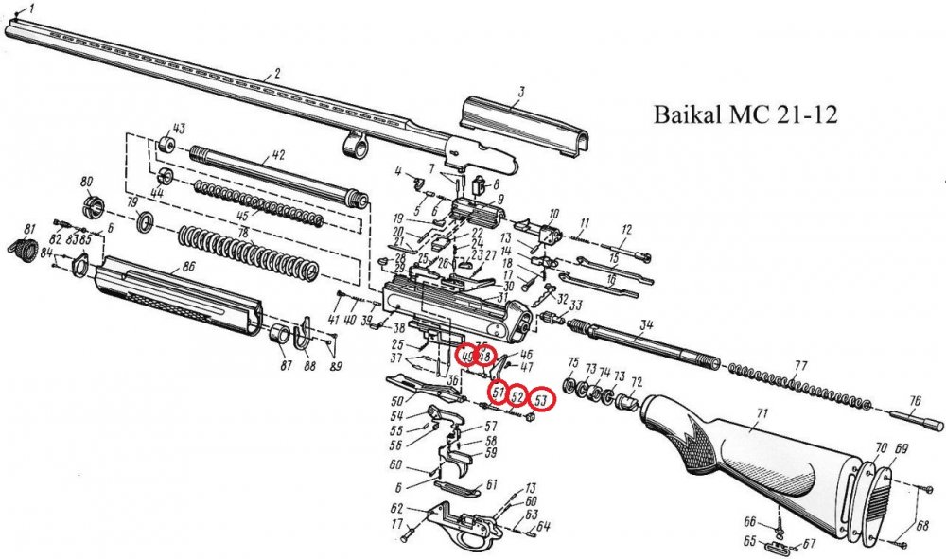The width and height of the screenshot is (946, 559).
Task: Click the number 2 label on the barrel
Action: pos(278,73)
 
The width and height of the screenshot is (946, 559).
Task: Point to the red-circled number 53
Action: pos(540,401)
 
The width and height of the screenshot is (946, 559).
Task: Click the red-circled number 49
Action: pos(465,356)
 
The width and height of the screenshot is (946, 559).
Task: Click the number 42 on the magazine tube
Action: pos(278,154)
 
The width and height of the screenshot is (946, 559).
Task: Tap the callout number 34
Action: pos(646,325)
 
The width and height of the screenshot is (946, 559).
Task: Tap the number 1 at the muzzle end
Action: pos(34,10)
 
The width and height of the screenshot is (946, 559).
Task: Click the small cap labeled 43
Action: pos(166,144)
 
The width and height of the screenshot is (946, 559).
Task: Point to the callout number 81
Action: pos(29,230)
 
